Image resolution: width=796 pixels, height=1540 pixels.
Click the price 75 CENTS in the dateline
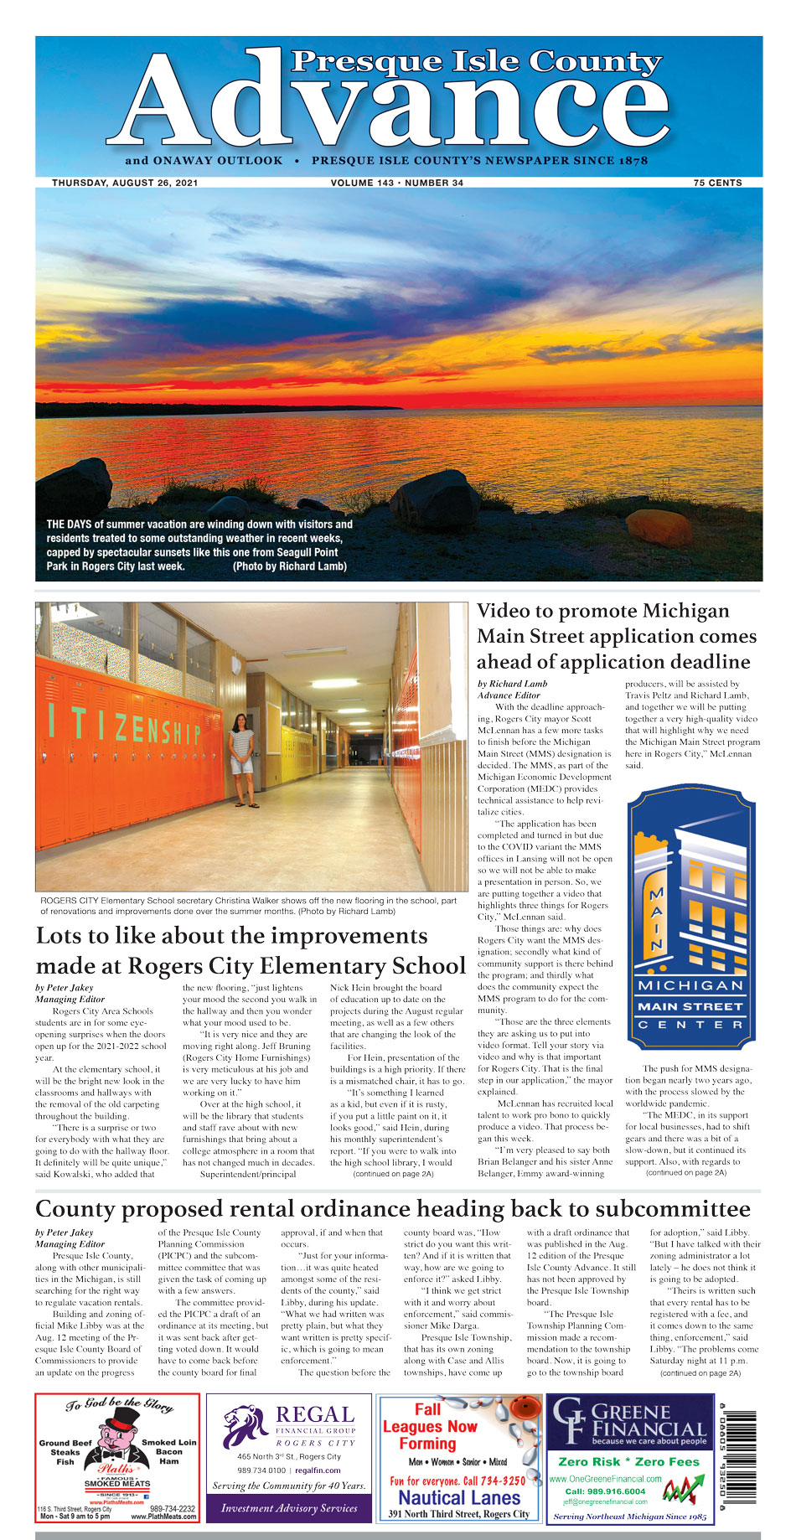click(717, 183)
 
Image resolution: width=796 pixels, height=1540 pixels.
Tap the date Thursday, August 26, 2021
click(125, 183)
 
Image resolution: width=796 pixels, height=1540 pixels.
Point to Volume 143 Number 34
click(396, 183)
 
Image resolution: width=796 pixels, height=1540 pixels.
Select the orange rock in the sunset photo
click(659, 527)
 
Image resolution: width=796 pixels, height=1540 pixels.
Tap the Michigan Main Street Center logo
click(690, 918)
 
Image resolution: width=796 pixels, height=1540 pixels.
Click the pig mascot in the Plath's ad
click(116, 1439)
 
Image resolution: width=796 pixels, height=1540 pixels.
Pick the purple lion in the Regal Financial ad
click(244, 1427)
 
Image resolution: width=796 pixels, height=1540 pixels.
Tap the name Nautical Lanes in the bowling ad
click(459, 1497)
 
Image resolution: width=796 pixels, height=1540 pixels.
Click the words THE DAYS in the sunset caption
click(69, 525)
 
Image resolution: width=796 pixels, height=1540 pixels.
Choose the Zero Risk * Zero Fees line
click(628, 1461)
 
